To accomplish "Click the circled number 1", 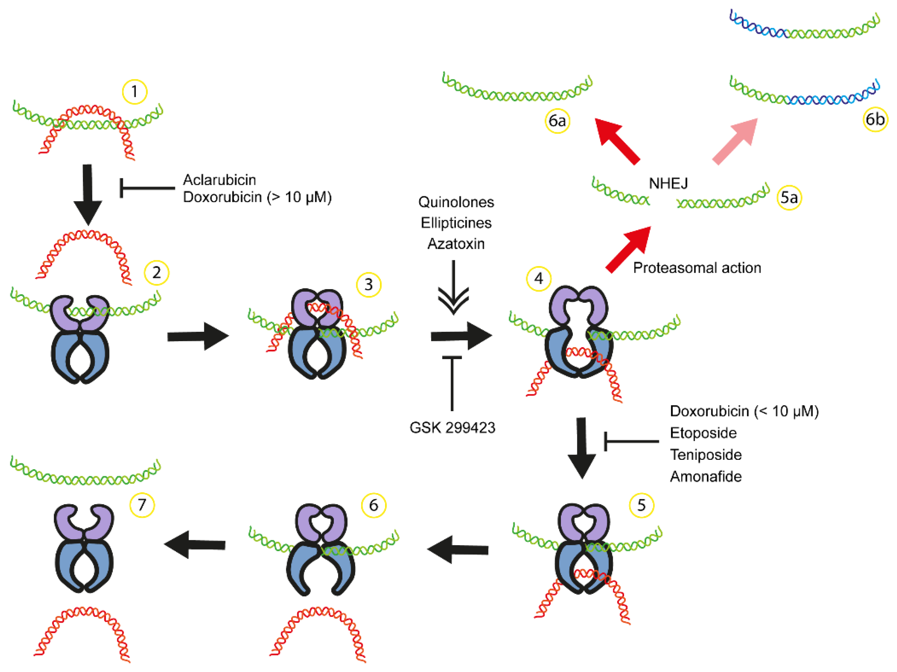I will tap(134, 92).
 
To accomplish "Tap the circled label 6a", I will tap(557, 121).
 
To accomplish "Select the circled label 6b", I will tap(875, 119).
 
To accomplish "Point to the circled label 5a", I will tap(789, 198).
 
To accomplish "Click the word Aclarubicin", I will tap(219, 180).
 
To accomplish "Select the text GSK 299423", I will tap(452, 427).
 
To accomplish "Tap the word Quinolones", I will tap(456, 202).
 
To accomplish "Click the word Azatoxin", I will tap(456, 244).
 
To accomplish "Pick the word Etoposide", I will tap(703, 433).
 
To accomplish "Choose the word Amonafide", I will tap(705, 476).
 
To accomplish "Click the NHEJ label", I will tap(668, 183).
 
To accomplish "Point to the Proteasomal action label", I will tap(697, 268).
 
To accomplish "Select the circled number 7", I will tap(142, 505).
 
